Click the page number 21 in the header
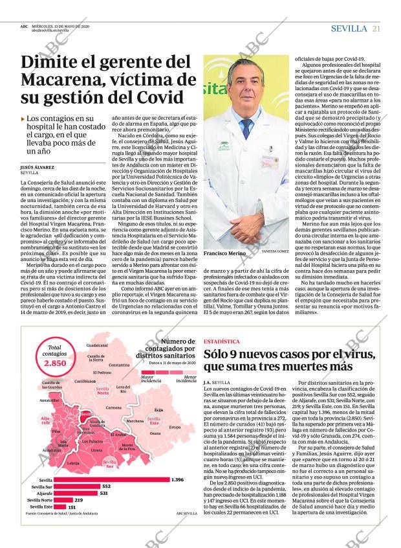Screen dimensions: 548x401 (376, 29)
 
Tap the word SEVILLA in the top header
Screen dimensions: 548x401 (349, 29)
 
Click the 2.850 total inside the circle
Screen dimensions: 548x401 (55, 363)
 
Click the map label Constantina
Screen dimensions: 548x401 (119, 365)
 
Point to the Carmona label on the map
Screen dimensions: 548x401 (113, 407)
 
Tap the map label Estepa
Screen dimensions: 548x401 (175, 428)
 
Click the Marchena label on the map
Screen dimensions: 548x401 (135, 421)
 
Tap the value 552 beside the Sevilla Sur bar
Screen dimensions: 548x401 (107, 486)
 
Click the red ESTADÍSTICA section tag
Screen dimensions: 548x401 (221, 341)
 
